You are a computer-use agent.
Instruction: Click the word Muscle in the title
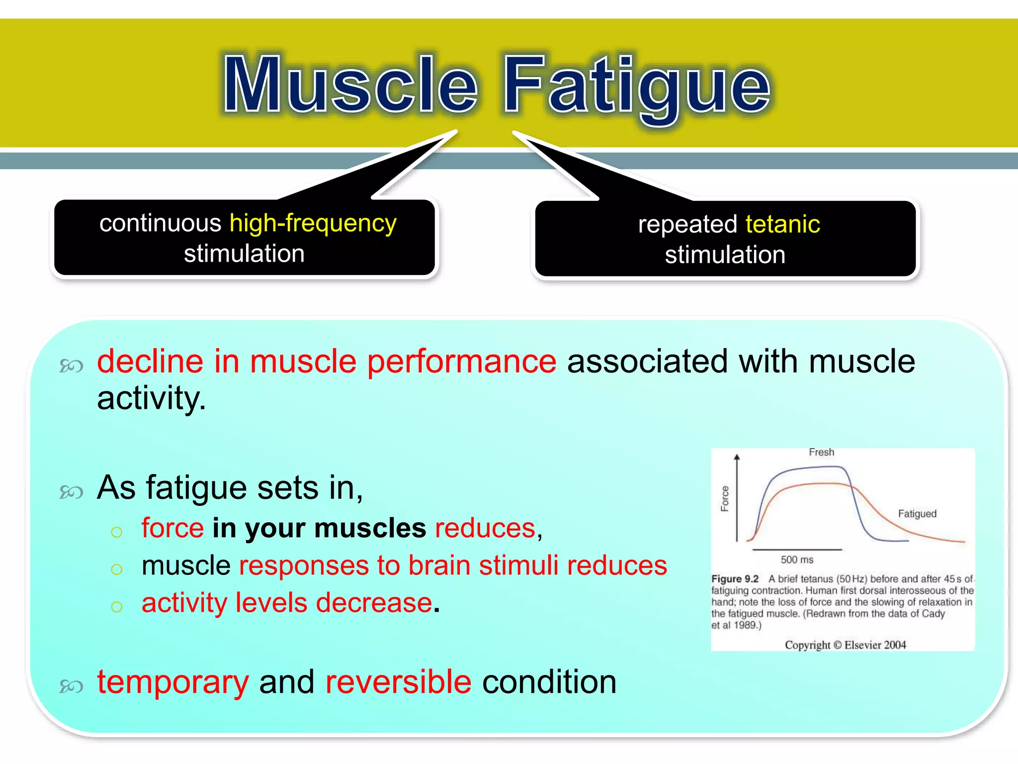coord(350,85)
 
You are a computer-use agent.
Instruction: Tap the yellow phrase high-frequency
coord(313,223)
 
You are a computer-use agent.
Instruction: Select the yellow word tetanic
coord(782,224)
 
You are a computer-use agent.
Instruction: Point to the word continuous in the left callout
coord(160,223)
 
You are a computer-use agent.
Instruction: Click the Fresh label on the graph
coord(821,452)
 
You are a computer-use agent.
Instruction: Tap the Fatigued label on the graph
coord(917,514)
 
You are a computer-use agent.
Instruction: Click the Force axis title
coord(725,498)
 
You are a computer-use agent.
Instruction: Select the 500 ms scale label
coord(797,560)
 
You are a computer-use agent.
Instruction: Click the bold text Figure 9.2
coord(735,579)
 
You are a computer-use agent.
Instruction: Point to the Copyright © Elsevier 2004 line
coord(845,645)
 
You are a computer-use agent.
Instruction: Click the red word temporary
coord(172,682)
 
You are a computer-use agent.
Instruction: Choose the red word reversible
coord(398,682)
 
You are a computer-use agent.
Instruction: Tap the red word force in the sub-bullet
coord(172,528)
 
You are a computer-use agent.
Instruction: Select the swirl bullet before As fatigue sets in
coord(71,492)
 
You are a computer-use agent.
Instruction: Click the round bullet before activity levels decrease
coord(117,606)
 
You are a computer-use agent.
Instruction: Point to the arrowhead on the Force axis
coord(737,457)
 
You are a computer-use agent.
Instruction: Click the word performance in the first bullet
coord(461,362)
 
